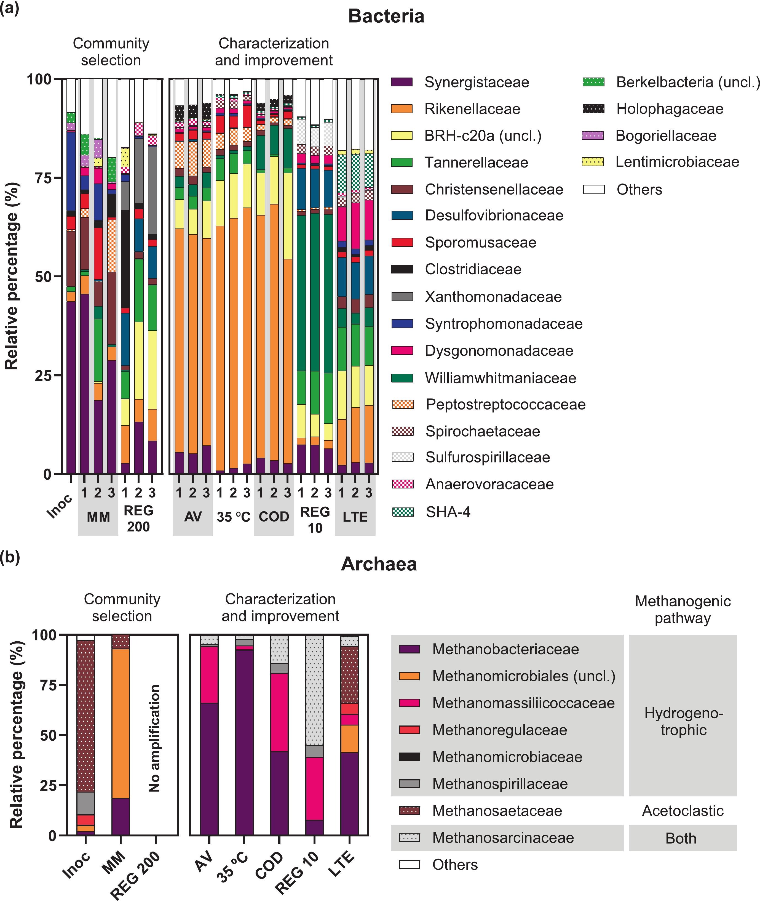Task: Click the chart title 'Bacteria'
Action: [386, 16]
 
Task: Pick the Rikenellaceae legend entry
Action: [472, 109]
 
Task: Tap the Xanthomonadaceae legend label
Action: [493, 297]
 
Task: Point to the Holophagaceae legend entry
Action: [670, 109]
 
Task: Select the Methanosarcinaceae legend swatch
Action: [409, 838]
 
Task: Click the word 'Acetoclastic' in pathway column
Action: [683, 811]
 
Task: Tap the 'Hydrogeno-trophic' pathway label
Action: [684, 722]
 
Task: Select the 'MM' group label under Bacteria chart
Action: [98, 517]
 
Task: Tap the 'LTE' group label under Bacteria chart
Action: [355, 517]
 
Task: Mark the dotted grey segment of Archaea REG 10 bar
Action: [315, 690]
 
